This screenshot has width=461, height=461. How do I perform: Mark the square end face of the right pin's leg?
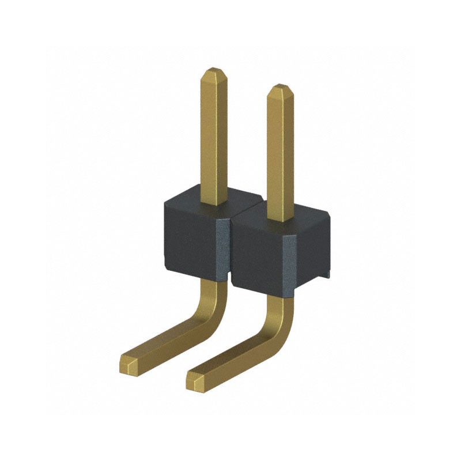click(195, 380)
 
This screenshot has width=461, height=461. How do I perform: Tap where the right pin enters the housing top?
click(280, 219)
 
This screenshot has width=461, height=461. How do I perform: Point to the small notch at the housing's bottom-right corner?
click(327, 275)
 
